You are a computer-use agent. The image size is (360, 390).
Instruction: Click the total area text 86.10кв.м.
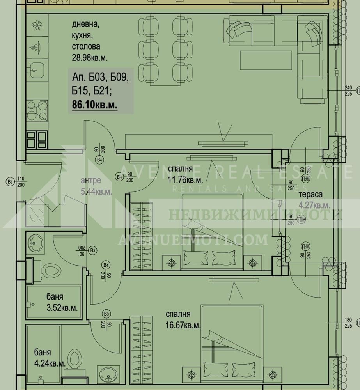point(95,105)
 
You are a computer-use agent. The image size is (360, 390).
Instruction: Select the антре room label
point(90,181)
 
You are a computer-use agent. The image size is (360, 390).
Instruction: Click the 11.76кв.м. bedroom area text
point(185,181)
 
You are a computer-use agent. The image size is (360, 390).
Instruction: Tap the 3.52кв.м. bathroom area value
point(62,307)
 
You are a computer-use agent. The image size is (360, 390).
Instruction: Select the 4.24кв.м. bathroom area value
point(49,363)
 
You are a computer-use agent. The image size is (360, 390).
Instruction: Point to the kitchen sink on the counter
point(37,71)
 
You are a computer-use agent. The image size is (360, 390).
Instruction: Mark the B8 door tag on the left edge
point(10,181)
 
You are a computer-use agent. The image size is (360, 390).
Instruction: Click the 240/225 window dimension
point(349,90)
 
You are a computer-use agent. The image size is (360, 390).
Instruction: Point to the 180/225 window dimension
point(349,323)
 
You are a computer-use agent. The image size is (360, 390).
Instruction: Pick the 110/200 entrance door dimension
point(21,181)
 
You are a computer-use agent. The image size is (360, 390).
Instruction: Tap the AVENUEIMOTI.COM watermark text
point(193,239)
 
